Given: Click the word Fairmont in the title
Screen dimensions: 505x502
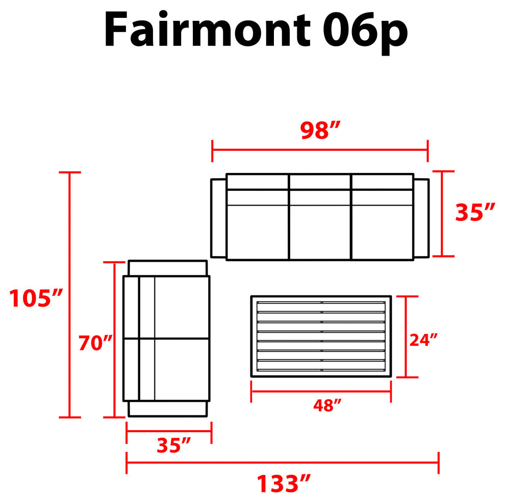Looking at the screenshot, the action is [x=207, y=29].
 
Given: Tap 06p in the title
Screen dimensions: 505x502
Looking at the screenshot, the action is [x=366, y=33].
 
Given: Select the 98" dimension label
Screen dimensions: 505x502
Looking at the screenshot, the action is [x=320, y=130].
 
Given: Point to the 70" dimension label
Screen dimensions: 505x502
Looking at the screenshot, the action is [x=96, y=343].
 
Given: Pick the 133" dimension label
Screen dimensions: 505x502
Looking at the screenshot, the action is [x=284, y=483].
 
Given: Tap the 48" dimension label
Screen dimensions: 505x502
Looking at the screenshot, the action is [x=327, y=406].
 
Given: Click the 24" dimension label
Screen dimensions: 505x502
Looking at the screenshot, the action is [x=423, y=340].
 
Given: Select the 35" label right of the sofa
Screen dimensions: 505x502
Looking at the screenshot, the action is [x=475, y=212].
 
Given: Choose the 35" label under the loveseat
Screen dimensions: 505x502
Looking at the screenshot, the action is [x=173, y=445].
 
